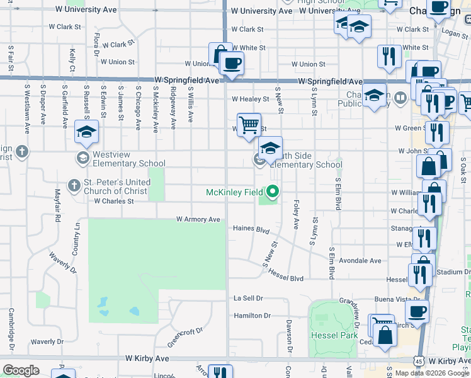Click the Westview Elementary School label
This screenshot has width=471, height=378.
pyautogui.click(x=130, y=158)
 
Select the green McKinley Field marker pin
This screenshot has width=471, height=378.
pyautogui.click(x=273, y=190)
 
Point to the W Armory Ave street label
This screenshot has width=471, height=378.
pyautogui.click(x=198, y=219)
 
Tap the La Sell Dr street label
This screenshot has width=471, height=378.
pyautogui.click(x=248, y=298)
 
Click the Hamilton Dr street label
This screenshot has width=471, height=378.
pyautogui.click(x=252, y=315)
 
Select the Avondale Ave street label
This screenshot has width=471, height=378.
pyautogui.click(x=361, y=261)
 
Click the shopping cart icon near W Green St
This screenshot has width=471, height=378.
pyautogui.click(x=249, y=124)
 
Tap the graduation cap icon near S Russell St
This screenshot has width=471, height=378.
pyautogui.click(x=86, y=131)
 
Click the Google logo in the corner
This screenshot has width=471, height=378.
pyautogui.click(x=21, y=370)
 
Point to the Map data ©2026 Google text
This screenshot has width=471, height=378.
pyautogui.click(x=432, y=373)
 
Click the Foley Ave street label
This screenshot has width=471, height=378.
pyautogui.click(x=295, y=215)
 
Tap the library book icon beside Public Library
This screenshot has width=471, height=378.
pyautogui.click(x=400, y=98)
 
